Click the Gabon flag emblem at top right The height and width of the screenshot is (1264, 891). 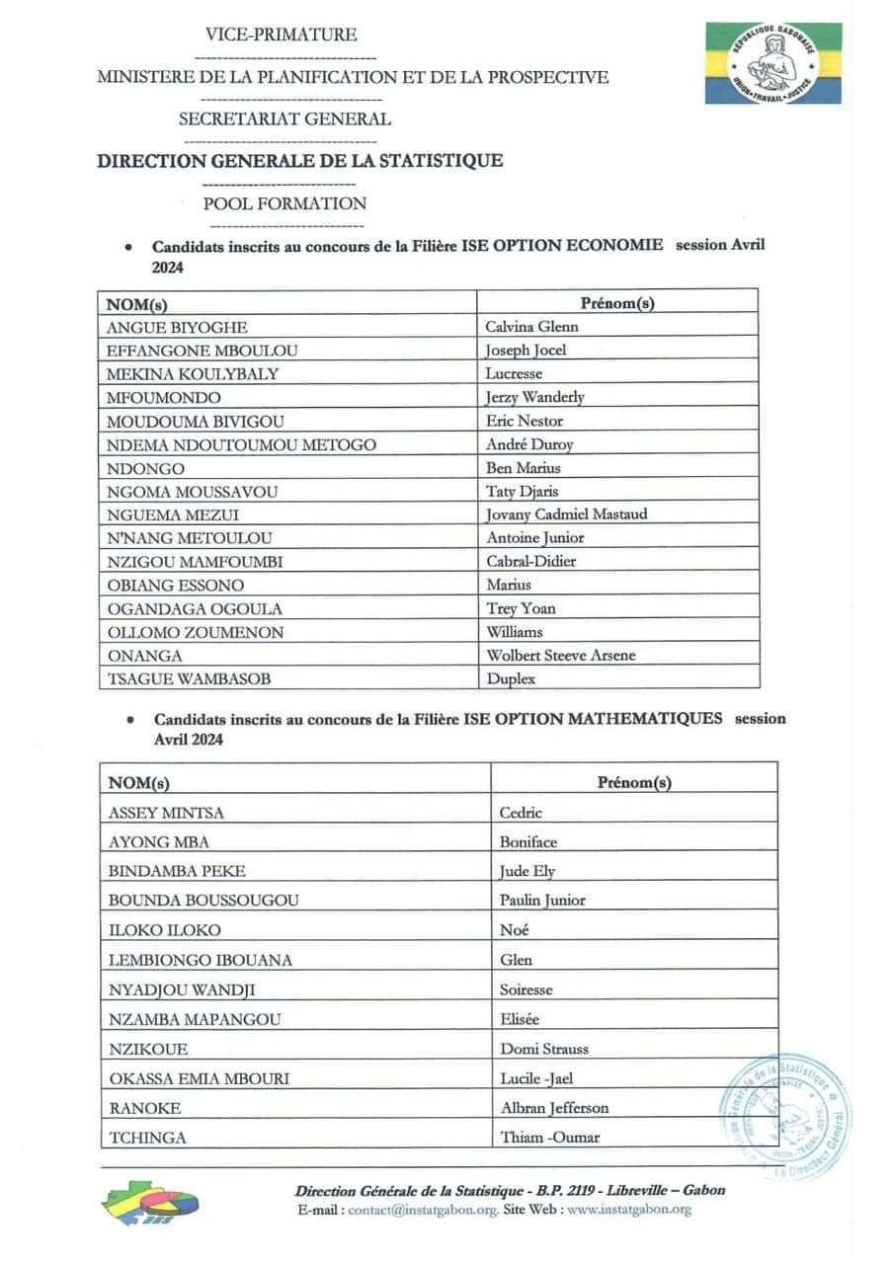click(x=772, y=63)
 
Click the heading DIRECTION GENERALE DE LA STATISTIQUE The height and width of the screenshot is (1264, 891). click(x=299, y=161)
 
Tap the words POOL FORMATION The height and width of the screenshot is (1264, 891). click(x=284, y=204)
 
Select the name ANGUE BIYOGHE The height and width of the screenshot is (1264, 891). click(x=177, y=327)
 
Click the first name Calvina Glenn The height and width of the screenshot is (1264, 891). click(x=531, y=327)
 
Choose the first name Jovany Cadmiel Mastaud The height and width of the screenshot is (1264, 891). click(x=567, y=514)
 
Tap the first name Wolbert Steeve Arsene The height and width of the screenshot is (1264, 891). click(x=560, y=655)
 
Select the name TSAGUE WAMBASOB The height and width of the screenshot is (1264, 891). click(x=189, y=678)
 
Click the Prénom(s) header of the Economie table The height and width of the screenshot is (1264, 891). click(x=618, y=303)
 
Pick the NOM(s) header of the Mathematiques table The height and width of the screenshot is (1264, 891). click(x=138, y=783)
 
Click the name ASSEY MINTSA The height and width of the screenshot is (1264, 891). click(x=166, y=813)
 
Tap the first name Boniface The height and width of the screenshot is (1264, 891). click(x=528, y=842)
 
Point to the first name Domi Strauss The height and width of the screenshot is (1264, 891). click(x=544, y=1049)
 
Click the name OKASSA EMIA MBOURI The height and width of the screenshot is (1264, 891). click(x=198, y=1078)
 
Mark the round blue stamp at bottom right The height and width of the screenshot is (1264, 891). click(x=786, y=1114)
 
